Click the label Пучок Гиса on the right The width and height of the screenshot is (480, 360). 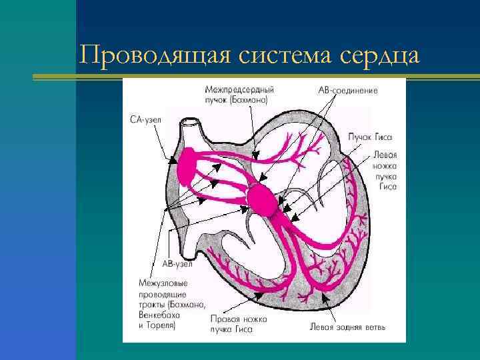366,137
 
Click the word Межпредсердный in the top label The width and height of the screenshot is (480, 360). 240,89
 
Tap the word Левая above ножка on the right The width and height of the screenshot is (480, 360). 385,154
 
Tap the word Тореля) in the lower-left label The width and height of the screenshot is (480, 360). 160,325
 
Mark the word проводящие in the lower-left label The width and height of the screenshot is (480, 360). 163,294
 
